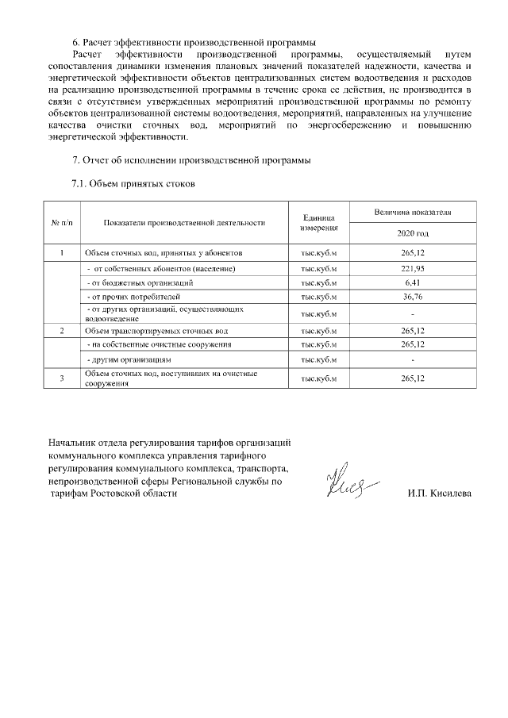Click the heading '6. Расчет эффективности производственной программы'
click(x=194, y=42)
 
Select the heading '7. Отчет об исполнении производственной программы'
click(x=191, y=161)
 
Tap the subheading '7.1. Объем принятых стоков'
click(x=133, y=184)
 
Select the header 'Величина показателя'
click(x=413, y=213)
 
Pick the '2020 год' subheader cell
click(x=413, y=234)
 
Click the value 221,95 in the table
click(x=413, y=268)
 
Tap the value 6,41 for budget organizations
click(x=413, y=282)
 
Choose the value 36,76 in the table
click(x=413, y=297)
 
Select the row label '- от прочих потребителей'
click(x=128, y=297)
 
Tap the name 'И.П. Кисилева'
click(x=438, y=493)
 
